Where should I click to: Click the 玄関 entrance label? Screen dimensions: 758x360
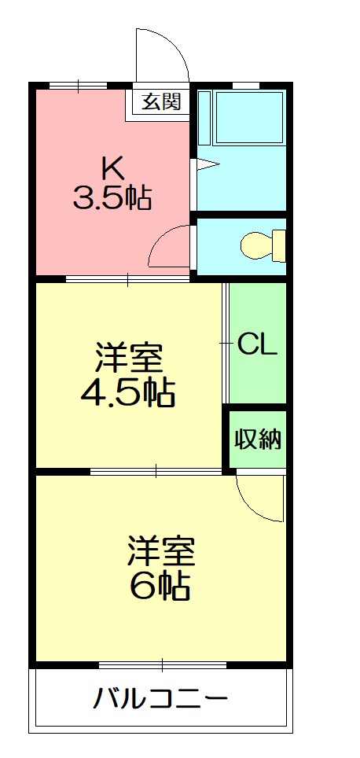tap(162, 102)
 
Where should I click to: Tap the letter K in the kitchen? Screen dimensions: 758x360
tap(111, 167)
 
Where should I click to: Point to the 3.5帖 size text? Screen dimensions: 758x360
tap(112, 198)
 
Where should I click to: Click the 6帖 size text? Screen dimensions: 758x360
tap(161, 584)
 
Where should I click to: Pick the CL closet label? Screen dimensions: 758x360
tap(257, 345)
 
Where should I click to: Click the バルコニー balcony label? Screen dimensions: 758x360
tap(161, 698)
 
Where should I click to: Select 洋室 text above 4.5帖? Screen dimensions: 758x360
tap(128, 358)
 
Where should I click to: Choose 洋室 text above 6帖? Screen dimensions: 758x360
tap(161, 551)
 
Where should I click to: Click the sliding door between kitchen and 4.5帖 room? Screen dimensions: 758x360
tap(128, 278)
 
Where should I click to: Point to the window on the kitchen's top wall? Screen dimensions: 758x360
tap(78, 84)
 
